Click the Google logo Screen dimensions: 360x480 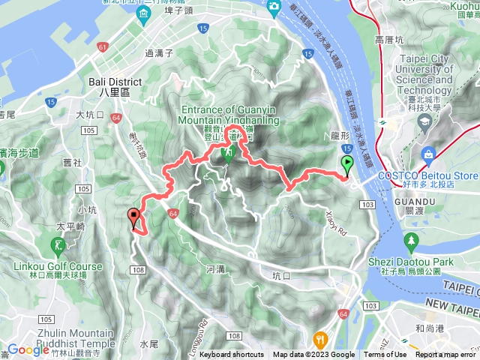pos(28,349)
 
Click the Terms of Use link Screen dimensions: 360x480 pos(385,355)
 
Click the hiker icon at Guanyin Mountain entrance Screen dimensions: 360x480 pos(226,154)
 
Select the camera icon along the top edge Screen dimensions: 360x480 pos(274,7)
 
